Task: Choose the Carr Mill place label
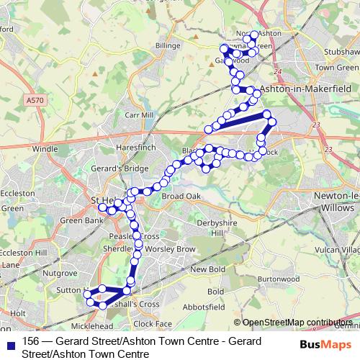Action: pos(140,114)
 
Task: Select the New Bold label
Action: pos(208,269)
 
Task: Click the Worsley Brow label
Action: pos(170,248)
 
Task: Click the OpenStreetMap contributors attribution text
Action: pos(296,323)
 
